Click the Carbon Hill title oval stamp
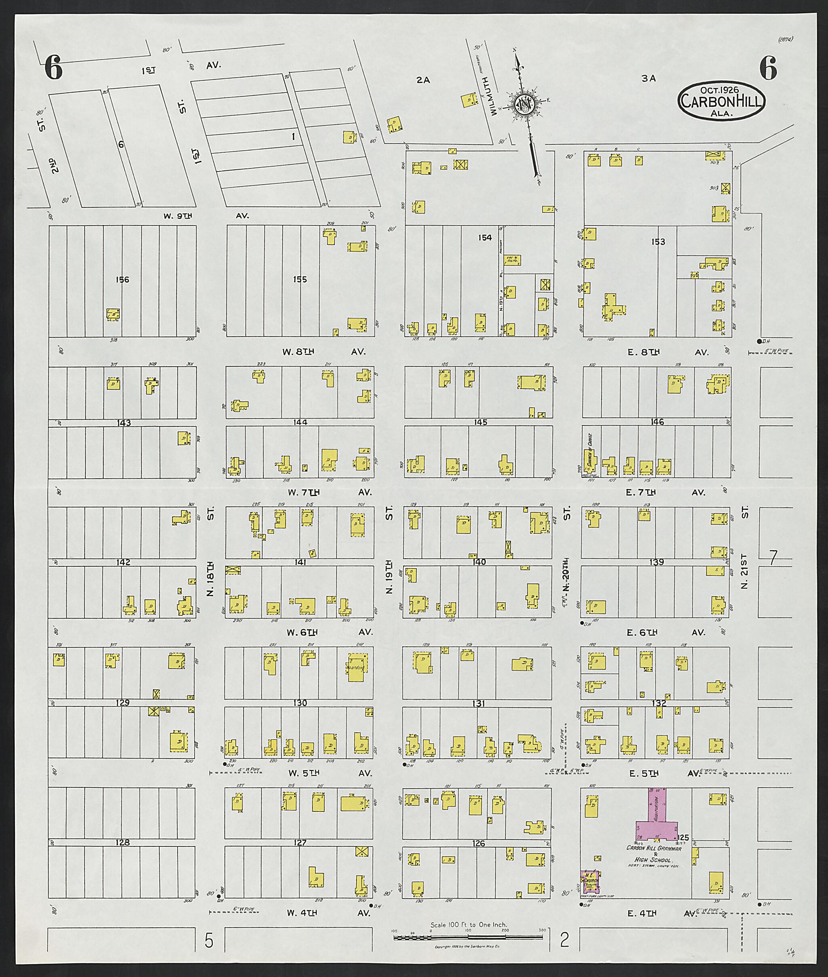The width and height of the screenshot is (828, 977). [x=721, y=100]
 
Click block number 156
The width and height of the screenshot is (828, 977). [x=122, y=280]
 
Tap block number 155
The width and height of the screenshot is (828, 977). [x=300, y=280]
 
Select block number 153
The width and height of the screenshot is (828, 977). [x=658, y=242]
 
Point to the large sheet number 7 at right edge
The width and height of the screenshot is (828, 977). [x=772, y=557]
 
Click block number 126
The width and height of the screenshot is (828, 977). [x=478, y=843]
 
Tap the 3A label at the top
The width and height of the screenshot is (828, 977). [x=648, y=79]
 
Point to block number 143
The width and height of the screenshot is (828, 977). [x=123, y=423]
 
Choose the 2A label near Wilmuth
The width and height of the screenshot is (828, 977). [x=423, y=80]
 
